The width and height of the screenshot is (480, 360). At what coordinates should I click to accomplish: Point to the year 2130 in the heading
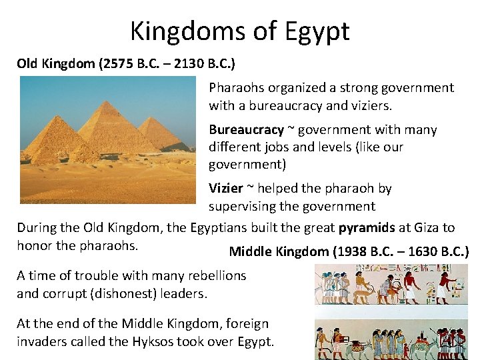185,64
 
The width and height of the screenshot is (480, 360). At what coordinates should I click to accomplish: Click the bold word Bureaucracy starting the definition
246,130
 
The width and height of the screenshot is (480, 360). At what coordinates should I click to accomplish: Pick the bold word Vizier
225,189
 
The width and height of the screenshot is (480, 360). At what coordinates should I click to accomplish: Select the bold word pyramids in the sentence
367,227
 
